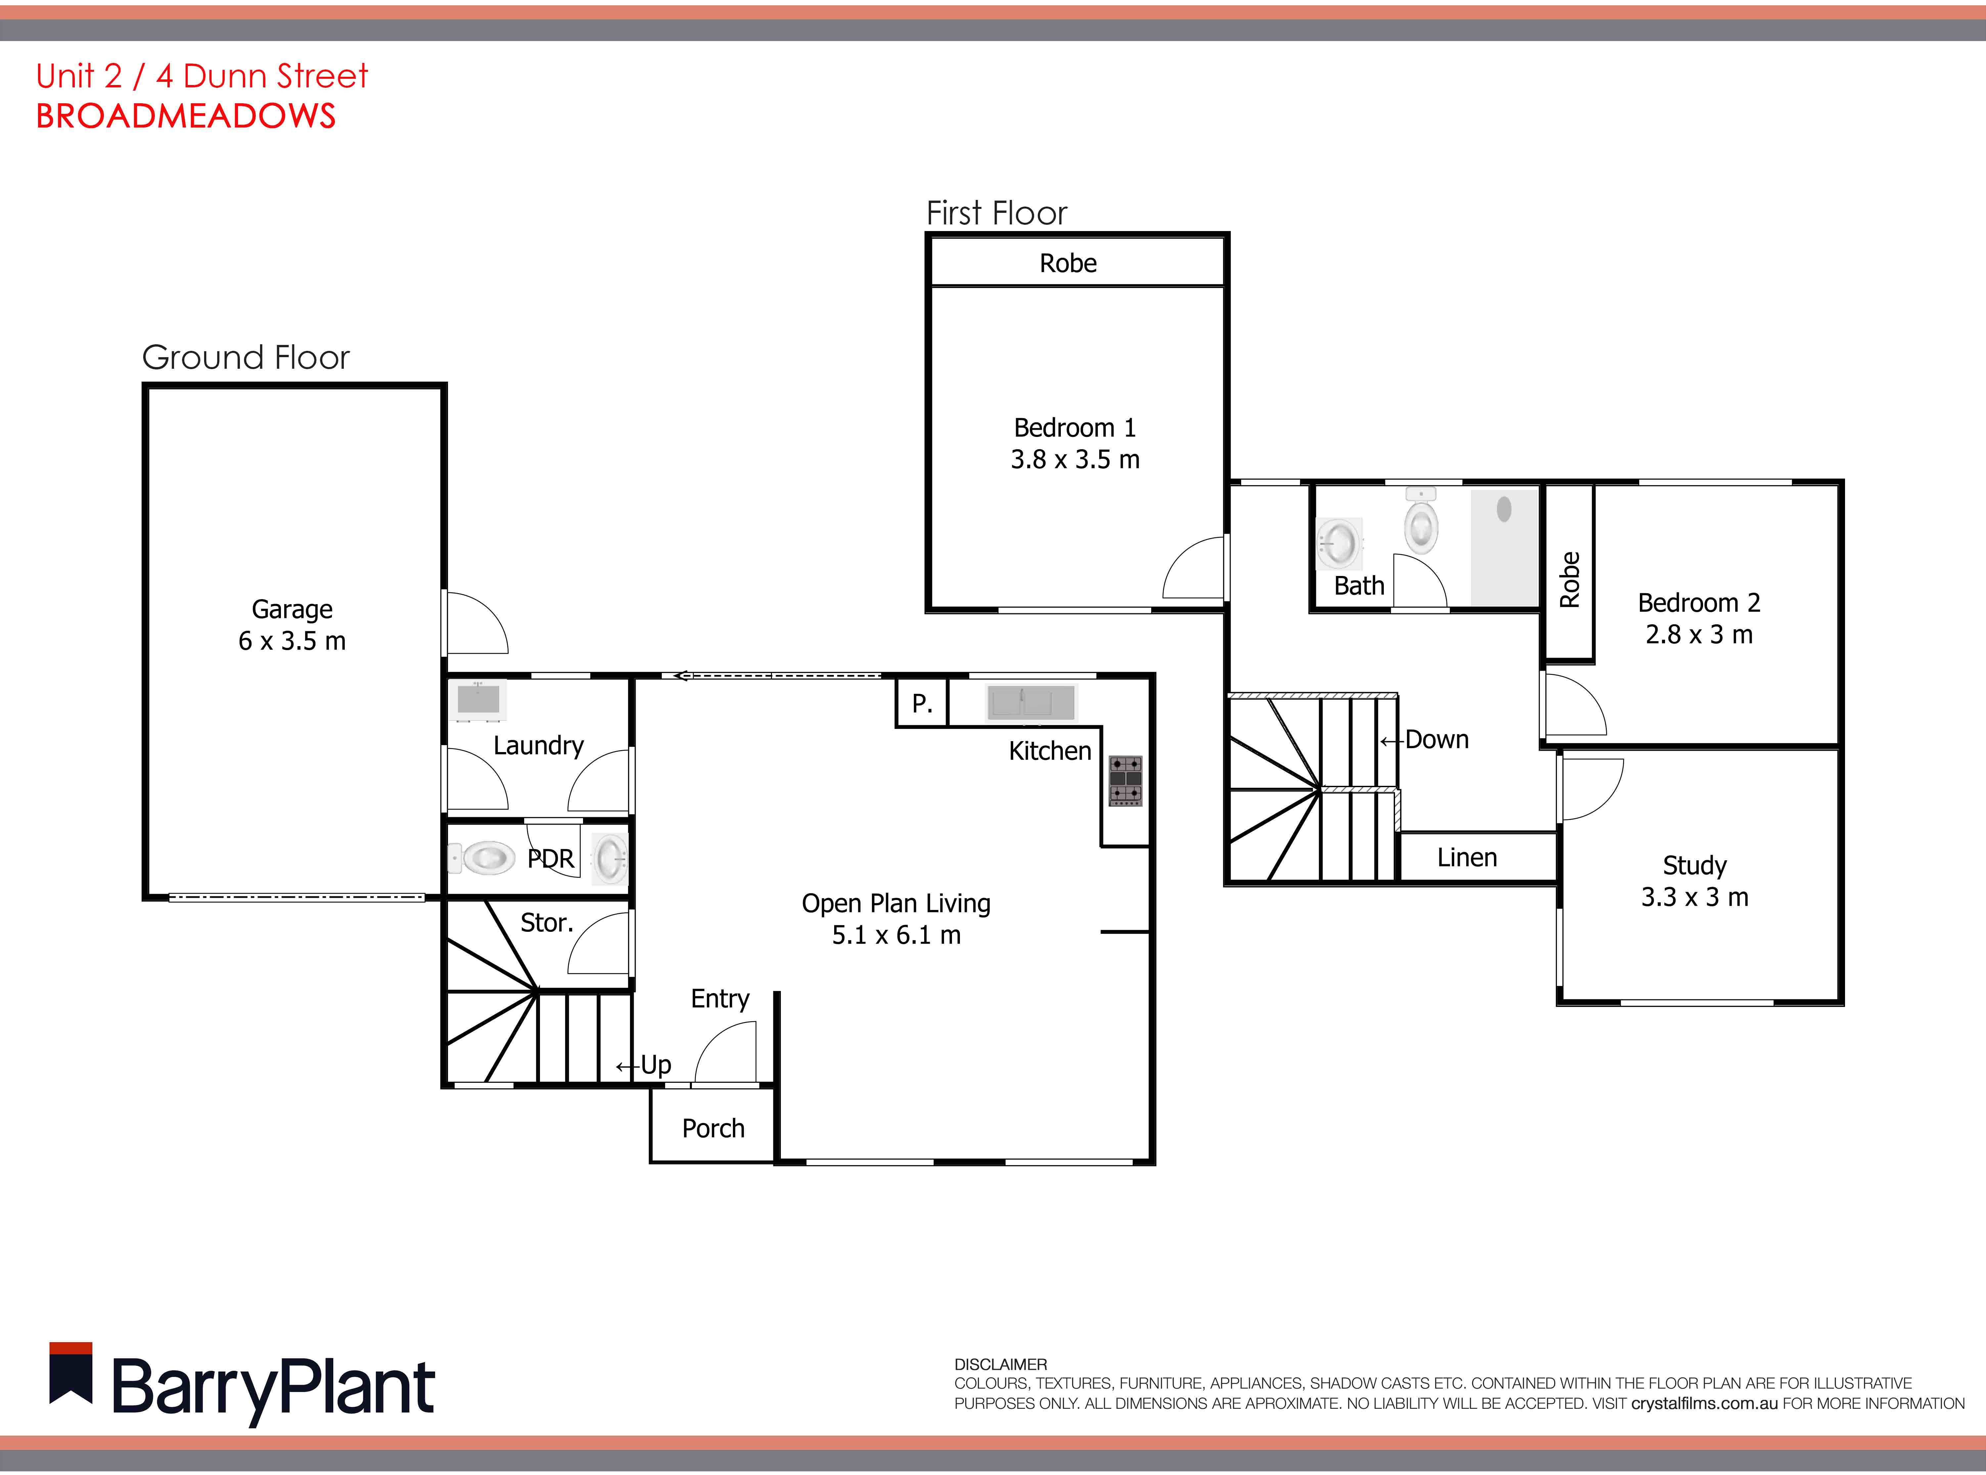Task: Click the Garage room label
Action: (292, 624)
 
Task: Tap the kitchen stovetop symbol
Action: (1125, 780)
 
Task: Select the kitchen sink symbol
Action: (1031, 703)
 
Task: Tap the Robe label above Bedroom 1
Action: (1067, 263)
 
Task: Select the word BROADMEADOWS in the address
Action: (186, 116)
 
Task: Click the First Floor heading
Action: (996, 214)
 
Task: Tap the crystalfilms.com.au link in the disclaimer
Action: (1704, 1404)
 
